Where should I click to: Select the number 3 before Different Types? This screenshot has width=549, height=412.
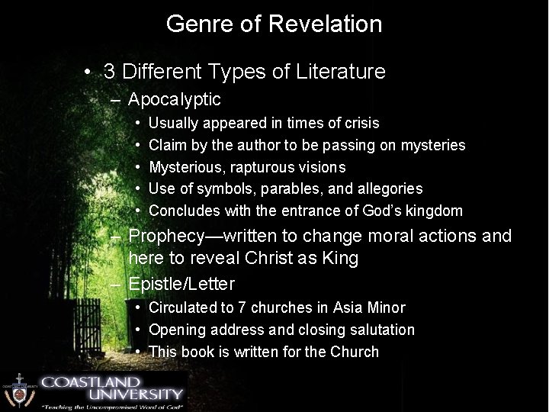[x=110, y=72]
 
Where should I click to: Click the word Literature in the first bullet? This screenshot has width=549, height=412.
[x=339, y=72]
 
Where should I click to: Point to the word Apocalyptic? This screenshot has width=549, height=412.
[x=175, y=99]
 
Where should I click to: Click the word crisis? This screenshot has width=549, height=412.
[x=360, y=123]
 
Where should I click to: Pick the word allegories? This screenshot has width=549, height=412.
[x=392, y=188]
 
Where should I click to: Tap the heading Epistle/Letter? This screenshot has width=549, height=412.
[x=181, y=283]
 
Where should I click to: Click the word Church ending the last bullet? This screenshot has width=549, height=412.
[x=355, y=352]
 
